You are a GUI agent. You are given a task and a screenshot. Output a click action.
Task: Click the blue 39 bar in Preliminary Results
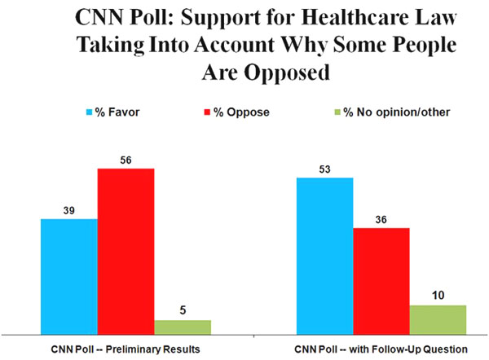coord(68,275)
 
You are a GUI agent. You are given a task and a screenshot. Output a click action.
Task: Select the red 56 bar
coord(126,250)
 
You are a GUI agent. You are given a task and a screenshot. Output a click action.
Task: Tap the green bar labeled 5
coord(183,326)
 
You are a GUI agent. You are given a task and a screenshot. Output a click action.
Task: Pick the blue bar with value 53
coord(324,255)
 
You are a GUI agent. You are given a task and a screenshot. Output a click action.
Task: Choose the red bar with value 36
coord(381,280)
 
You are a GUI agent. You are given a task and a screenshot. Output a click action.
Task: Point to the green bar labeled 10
coord(438,318)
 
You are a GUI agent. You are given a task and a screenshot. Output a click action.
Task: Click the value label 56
coord(126,160)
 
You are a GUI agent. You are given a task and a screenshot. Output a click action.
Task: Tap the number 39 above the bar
coord(68,211)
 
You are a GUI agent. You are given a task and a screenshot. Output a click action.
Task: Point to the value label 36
coord(381,220)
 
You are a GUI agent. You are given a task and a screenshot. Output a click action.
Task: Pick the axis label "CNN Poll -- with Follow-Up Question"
coord(381,349)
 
